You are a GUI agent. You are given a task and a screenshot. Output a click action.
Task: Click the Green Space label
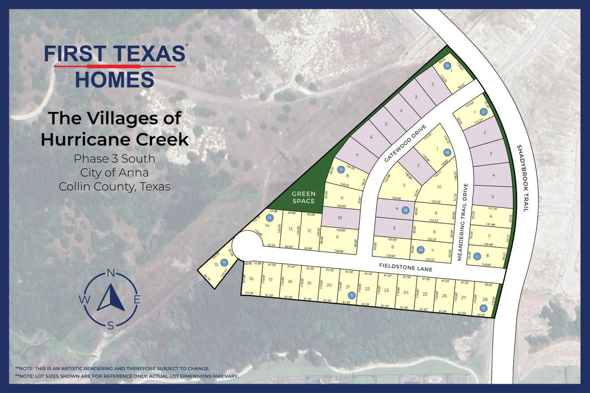[x=304, y=197]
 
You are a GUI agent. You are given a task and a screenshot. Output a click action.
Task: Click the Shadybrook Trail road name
[x=523, y=178]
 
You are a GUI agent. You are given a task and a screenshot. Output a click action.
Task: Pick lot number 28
[x=485, y=299]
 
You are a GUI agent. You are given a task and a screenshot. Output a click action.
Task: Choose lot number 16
[x=251, y=279]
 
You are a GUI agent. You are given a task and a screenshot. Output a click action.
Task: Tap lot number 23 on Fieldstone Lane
[x=386, y=290]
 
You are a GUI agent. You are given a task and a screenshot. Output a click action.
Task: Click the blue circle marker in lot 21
[x=352, y=295]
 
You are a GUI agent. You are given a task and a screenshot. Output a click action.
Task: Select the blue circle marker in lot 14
[x=269, y=218]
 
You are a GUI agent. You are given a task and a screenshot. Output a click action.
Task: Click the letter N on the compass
[x=111, y=273]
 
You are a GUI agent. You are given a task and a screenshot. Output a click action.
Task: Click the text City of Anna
[x=115, y=172]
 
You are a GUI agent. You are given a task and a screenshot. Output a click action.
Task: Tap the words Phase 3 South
[x=115, y=159]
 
